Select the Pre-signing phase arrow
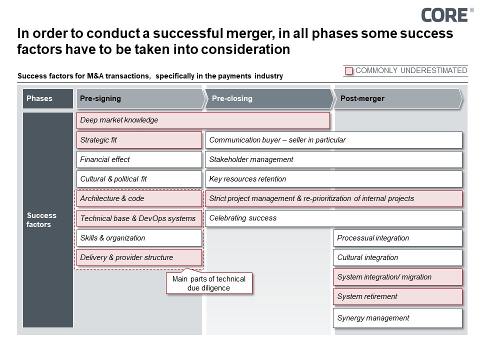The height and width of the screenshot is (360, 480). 140,98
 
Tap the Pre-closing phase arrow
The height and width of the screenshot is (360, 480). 269,98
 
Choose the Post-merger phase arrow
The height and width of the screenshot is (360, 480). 398,98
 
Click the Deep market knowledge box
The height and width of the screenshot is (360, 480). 203,120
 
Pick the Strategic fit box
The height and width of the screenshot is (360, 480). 139,140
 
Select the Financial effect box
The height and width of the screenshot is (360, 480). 139,159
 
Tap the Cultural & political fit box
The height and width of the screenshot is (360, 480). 139,179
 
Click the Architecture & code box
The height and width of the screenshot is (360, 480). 139,198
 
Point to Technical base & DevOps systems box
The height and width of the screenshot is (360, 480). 139,218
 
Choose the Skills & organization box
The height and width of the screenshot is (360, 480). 139,238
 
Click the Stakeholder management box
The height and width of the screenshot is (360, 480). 333,159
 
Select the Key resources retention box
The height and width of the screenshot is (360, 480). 333,179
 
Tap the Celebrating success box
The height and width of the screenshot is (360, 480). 333,218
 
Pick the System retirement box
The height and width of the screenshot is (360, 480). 397,296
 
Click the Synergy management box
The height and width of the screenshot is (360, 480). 397,318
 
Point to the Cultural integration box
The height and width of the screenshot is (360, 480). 397,257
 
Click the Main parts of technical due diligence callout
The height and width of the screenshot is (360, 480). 209,283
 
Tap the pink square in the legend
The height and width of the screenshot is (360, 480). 349,71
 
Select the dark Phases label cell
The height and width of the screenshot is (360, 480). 48,98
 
